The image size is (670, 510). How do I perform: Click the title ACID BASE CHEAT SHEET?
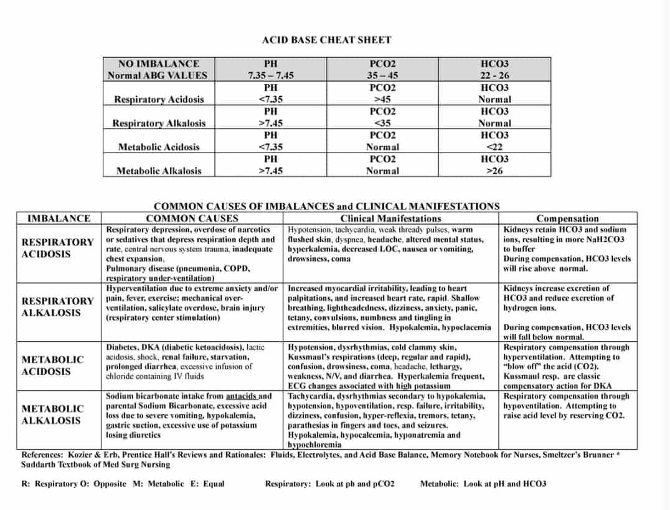pyautogui.click(x=326, y=40)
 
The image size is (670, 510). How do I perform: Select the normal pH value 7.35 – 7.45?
pyautogui.click(x=270, y=75)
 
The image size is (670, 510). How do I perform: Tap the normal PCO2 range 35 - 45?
pyautogui.click(x=382, y=75)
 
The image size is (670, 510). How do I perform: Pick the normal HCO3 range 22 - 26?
pyautogui.click(x=494, y=75)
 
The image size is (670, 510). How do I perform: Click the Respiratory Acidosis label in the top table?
pyautogui.click(x=159, y=99)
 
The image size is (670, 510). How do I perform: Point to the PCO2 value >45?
pyautogui.click(x=382, y=99)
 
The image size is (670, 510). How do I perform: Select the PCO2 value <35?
pyautogui.click(x=382, y=123)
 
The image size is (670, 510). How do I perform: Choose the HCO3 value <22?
pyautogui.click(x=494, y=147)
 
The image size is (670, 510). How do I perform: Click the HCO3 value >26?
pyautogui.click(x=494, y=171)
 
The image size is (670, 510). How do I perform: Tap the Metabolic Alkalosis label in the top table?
pyautogui.click(x=159, y=171)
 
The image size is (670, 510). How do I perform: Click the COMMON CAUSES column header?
pyautogui.click(x=192, y=219)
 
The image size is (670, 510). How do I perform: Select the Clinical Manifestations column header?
pyautogui.click(x=390, y=219)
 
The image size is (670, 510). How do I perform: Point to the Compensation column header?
pyautogui.click(x=567, y=219)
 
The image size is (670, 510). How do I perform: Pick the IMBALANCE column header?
pyautogui.click(x=59, y=219)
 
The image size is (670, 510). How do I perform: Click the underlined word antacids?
pyautogui.click(x=240, y=396)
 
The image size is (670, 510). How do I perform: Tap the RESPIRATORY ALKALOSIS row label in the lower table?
pyautogui.click(x=57, y=307)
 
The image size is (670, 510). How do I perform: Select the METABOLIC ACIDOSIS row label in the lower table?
pyautogui.click(x=52, y=366)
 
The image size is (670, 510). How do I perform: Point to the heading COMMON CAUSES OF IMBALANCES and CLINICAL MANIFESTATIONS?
pyautogui.click(x=326, y=206)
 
